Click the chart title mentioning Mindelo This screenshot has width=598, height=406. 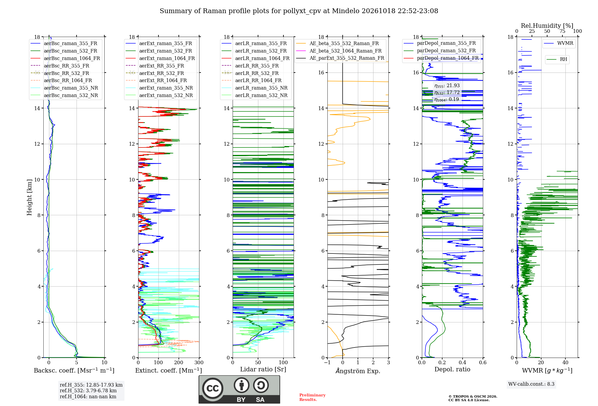[299, 11]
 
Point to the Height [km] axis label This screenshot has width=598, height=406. [29, 197]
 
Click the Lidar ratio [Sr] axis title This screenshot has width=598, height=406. [263, 369]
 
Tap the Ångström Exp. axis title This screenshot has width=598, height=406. [358, 371]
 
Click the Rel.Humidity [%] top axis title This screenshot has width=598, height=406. [547, 26]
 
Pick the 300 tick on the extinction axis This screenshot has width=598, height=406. [199, 363]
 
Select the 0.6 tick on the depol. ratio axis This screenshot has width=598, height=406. [483, 363]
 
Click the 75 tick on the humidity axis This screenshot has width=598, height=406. [562, 31]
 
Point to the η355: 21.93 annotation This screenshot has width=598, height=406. [447, 86]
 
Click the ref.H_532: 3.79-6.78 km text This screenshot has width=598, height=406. [88, 390]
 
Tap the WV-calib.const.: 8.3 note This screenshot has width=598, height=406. [531, 384]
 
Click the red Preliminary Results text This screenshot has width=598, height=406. [312, 397]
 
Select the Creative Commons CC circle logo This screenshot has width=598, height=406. [213, 388]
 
